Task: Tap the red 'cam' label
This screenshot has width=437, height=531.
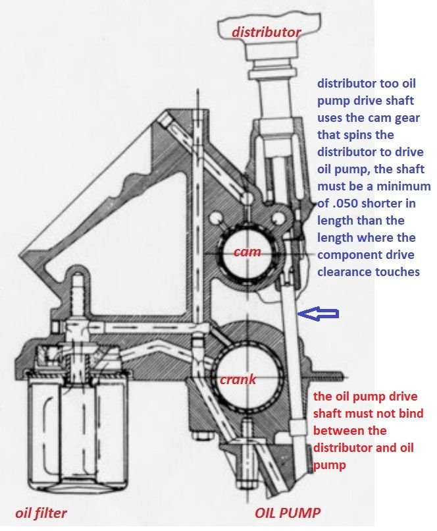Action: pos(247,252)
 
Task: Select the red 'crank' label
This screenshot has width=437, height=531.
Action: pos(238,379)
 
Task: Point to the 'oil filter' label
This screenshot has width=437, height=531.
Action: pos(41,513)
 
